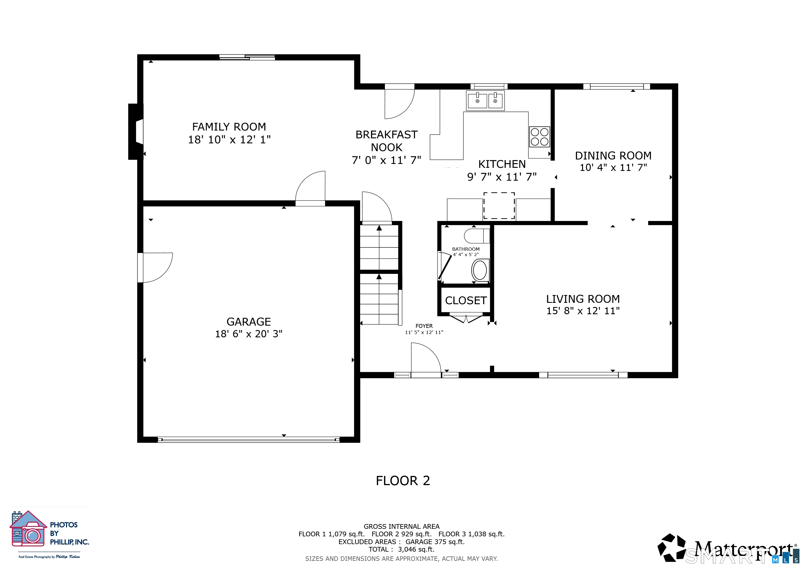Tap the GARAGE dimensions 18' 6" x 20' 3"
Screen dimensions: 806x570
click(x=249, y=334)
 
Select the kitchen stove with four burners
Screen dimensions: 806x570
click(x=540, y=137)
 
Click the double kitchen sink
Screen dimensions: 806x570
click(x=485, y=100)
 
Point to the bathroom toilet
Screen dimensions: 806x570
click(x=477, y=236)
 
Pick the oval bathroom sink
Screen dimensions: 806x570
click(x=480, y=270)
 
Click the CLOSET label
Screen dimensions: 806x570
click(x=466, y=300)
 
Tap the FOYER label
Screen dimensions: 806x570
click(x=424, y=326)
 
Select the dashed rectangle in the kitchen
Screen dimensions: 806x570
click(x=499, y=206)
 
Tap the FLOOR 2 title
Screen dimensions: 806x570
click(x=403, y=480)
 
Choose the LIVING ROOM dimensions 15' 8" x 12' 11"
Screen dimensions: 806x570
click(x=583, y=311)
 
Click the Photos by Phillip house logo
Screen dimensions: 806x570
click(x=28, y=529)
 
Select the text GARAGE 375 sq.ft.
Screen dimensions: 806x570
click(x=435, y=542)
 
